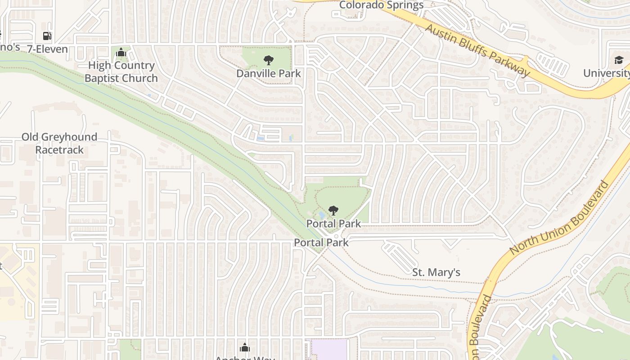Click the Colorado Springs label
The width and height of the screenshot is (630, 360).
click(x=381, y=5)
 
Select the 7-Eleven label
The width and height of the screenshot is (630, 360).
click(x=47, y=49)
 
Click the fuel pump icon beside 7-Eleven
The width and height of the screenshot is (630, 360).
click(x=47, y=36)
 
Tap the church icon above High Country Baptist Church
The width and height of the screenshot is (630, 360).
click(x=120, y=53)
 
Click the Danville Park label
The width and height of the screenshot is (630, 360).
click(x=269, y=73)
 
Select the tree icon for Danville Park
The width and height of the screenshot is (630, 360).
click(x=268, y=60)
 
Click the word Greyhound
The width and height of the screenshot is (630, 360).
click(x=69, y=137)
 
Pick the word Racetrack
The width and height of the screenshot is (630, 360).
click(x=59, y=150)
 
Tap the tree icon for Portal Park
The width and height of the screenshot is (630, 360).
click(x=333, y=210)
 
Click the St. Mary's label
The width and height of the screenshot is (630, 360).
click(x=436, y=272)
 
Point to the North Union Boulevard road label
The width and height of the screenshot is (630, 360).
click(x=560, y=218)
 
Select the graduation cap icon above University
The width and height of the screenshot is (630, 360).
click(x=619, y=60)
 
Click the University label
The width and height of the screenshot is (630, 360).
click(x=606, y=73)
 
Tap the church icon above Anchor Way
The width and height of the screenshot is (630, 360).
click(x=245, y=347)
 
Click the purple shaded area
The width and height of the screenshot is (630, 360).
click(x=329, y=350)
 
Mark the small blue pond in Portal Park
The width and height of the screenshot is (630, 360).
click(x=320, y=215)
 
